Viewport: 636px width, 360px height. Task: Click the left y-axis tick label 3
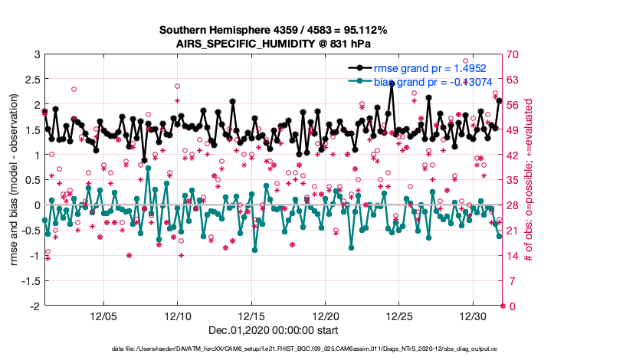click(36, 54)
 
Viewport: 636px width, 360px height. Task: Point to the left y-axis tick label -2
click(34, 306)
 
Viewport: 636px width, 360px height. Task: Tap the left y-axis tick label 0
click(36, 205)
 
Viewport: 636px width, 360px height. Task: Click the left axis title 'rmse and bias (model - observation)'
click(15, 180)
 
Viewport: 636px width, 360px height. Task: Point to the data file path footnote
click(317, 349)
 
